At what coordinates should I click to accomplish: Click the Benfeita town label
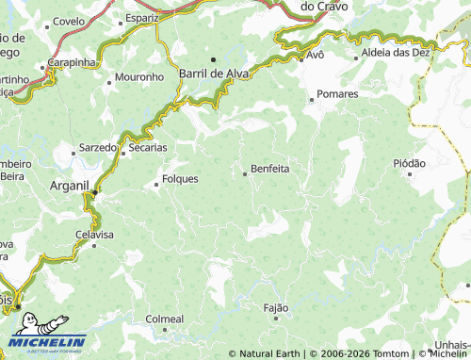point(269,170)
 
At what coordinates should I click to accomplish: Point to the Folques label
point(180,178)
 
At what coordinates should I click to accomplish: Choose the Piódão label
point(409,163)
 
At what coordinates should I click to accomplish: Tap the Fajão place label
point(276,307)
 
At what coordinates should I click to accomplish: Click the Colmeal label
point(164,319)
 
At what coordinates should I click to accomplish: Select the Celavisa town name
point(94,234)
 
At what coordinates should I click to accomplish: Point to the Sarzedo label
point(96,148)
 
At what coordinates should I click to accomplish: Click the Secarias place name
point(147,148)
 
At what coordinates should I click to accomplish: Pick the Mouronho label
point(138,76)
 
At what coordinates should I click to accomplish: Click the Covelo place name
point(69,21)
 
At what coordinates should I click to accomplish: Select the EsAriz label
point(141,18)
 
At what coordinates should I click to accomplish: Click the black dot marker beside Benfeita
point(245,172)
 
